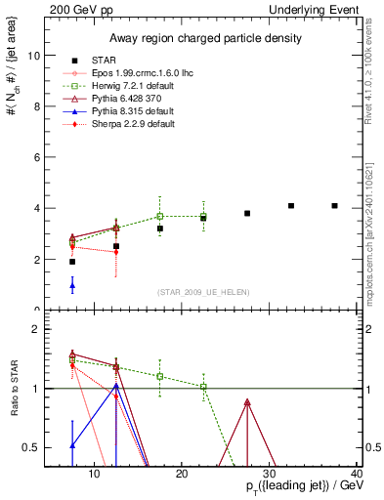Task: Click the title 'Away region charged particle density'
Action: (x=204, y=38)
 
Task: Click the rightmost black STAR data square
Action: (x=335, y=206)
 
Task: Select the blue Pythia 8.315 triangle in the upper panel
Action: (x=72, y=285)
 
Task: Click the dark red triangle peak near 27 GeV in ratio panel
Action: (x=247, y=402)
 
